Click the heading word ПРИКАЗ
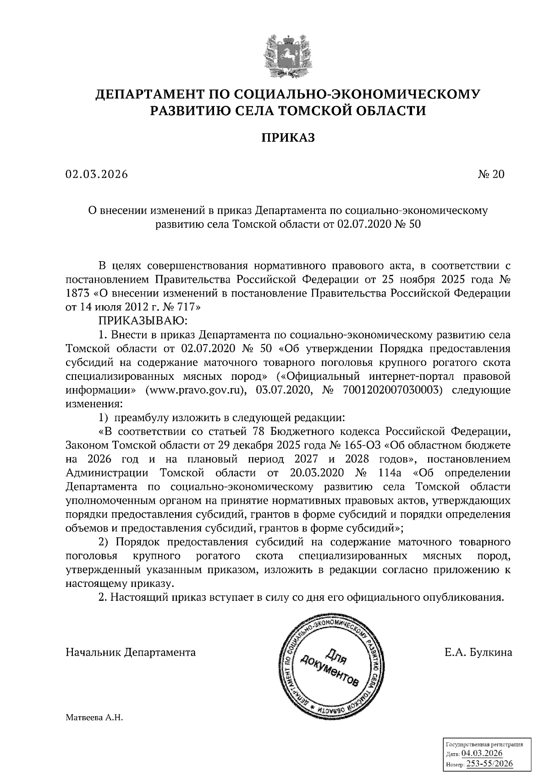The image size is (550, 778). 288,137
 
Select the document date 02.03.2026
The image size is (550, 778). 96,175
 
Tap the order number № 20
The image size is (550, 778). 491,175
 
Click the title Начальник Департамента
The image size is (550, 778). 131,652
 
